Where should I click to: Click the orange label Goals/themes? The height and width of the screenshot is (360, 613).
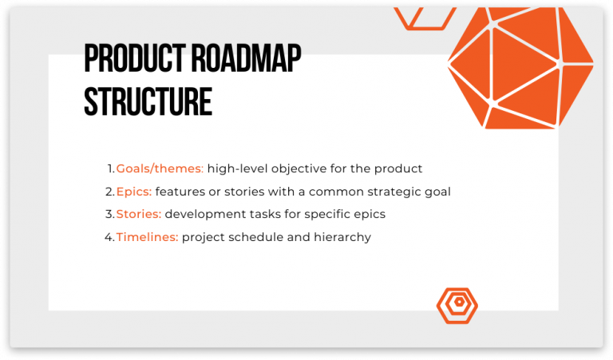[x=160, y=168]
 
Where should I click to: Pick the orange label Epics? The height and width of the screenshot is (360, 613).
[x=133, y=192]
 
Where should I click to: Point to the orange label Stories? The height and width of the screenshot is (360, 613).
[x=138, y=214]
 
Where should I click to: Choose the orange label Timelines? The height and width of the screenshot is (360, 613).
[x=147, y=237]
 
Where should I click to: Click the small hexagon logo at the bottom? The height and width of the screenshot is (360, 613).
[x=457, y=304]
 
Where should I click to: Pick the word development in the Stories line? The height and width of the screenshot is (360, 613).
[x=204, y=214]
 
